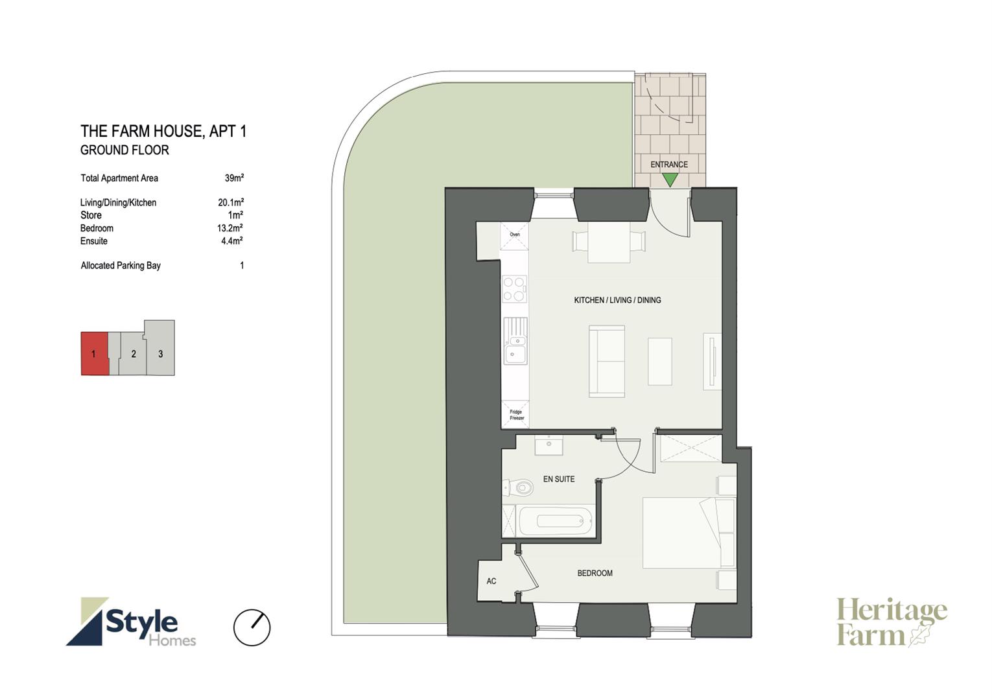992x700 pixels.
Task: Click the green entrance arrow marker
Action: pyautogui.click(x=670, y=180)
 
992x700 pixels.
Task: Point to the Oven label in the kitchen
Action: pyautogui.click(x=515, y=234)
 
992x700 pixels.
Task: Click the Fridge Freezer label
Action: pyautogui.click(x=516, y=415)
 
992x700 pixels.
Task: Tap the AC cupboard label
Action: pyautogui.click(x=491, y=581)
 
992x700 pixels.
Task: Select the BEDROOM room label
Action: pyautogui.click(x=595, y=573)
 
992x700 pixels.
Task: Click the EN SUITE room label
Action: pyautogui.click(x=559, y=479)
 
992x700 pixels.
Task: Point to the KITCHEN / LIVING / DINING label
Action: pyautogui.click(x=617, y=300)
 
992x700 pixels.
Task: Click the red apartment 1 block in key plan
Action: pyautogui.click(x=94, y=353)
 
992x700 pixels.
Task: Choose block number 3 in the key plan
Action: pyautogui.click(x=160, y=348)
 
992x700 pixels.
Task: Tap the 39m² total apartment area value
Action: pyautogui.click(x=234, y=178)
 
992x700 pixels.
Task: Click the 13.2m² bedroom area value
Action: pyautogui.click(x=230, y=228)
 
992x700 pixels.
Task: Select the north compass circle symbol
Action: pyautogui.click(x=252, y=627)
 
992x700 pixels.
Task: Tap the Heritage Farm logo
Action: pyautogui.click(x=892, y=622)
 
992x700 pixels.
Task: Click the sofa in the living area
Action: pyautogui.click(x=607, y=361)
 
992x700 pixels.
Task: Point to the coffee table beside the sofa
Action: pyautogui.click(x=660, y=361)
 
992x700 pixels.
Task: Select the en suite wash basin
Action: pyautogui.click(x=549, y=445)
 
